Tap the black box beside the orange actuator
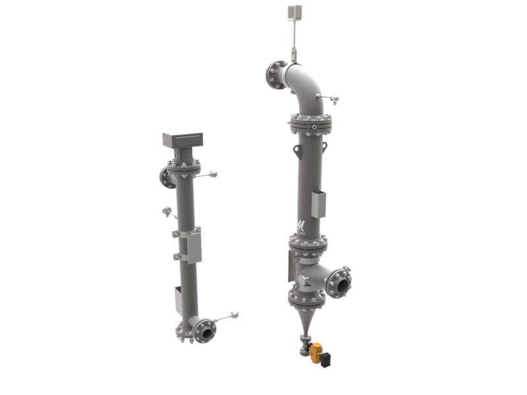point(325,359)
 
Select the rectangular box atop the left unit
point(182,139)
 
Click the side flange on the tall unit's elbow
point(275,75)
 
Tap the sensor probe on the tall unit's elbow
point(329,98)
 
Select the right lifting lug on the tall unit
point(324,146)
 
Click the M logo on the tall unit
point(300,225)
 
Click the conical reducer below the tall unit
point(305,321)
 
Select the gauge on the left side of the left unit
point(167,212)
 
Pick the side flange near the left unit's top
point(166,177)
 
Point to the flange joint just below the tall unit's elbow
point(310,123)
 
